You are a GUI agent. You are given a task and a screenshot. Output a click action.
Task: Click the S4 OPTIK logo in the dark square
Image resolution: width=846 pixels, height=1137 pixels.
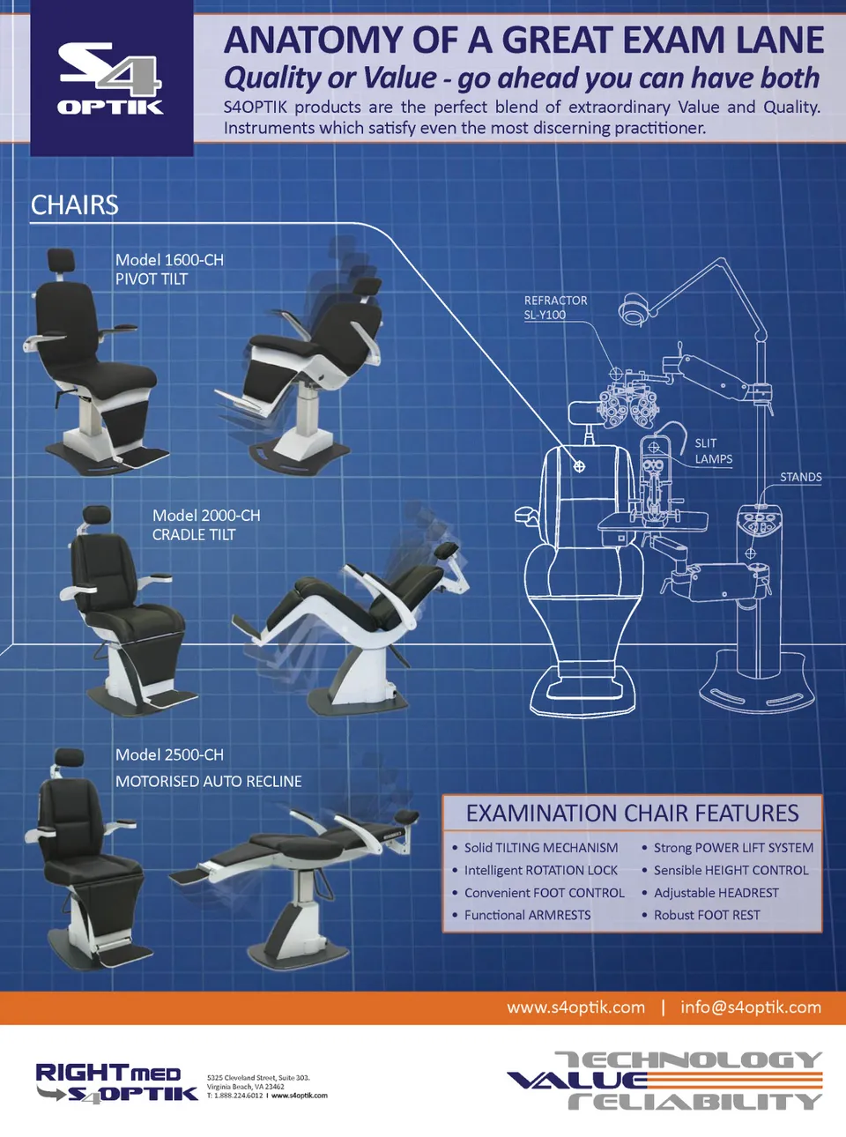[x=111, y=79]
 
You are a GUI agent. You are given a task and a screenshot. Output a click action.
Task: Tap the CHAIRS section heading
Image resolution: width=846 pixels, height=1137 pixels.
[x=75, y=205]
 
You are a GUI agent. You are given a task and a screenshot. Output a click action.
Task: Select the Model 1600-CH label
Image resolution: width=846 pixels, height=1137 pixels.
[x=169, y=260]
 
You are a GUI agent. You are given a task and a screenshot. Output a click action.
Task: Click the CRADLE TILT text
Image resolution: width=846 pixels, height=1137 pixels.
[x=194, y=535]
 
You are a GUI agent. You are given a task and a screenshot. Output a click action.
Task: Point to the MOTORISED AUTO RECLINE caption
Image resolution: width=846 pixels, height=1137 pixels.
[x=209, y=782]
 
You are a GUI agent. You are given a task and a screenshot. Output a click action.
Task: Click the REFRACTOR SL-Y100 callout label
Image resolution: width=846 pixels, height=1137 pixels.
[x=555, y=308]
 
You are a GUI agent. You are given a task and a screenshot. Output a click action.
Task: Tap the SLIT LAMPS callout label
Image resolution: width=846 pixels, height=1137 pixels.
[x=713, y=451]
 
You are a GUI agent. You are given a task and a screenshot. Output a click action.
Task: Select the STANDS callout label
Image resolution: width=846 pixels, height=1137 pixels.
[x=800, y=477]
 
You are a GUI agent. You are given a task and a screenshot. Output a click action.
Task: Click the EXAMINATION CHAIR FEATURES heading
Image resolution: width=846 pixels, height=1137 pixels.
[x=632, y=814]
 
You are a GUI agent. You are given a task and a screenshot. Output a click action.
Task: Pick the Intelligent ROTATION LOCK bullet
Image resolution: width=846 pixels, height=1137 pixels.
[x=540, y=871]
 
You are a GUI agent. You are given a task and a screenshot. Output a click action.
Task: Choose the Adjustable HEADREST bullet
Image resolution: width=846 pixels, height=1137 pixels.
[x=716, y=893]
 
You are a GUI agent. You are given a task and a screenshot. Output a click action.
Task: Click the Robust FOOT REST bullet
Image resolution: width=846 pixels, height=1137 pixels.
[x=706, y=916]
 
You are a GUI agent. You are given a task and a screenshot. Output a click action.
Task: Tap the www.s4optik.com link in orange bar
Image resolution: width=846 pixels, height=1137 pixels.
[x=575, y=1007]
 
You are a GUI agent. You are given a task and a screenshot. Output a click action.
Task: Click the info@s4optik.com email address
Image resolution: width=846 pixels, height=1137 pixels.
[x=750, y=1007]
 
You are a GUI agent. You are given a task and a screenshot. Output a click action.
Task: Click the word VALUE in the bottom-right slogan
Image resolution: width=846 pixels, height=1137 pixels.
[x=577, y=1081]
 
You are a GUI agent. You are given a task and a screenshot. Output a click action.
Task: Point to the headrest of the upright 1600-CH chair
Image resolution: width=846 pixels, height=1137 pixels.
[x=61, y=260]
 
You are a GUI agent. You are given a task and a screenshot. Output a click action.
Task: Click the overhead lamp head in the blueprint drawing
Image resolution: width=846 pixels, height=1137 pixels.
[x=633, y=310]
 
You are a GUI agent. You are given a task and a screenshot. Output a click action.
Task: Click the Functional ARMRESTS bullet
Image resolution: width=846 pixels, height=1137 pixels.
[x=527, y=916]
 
